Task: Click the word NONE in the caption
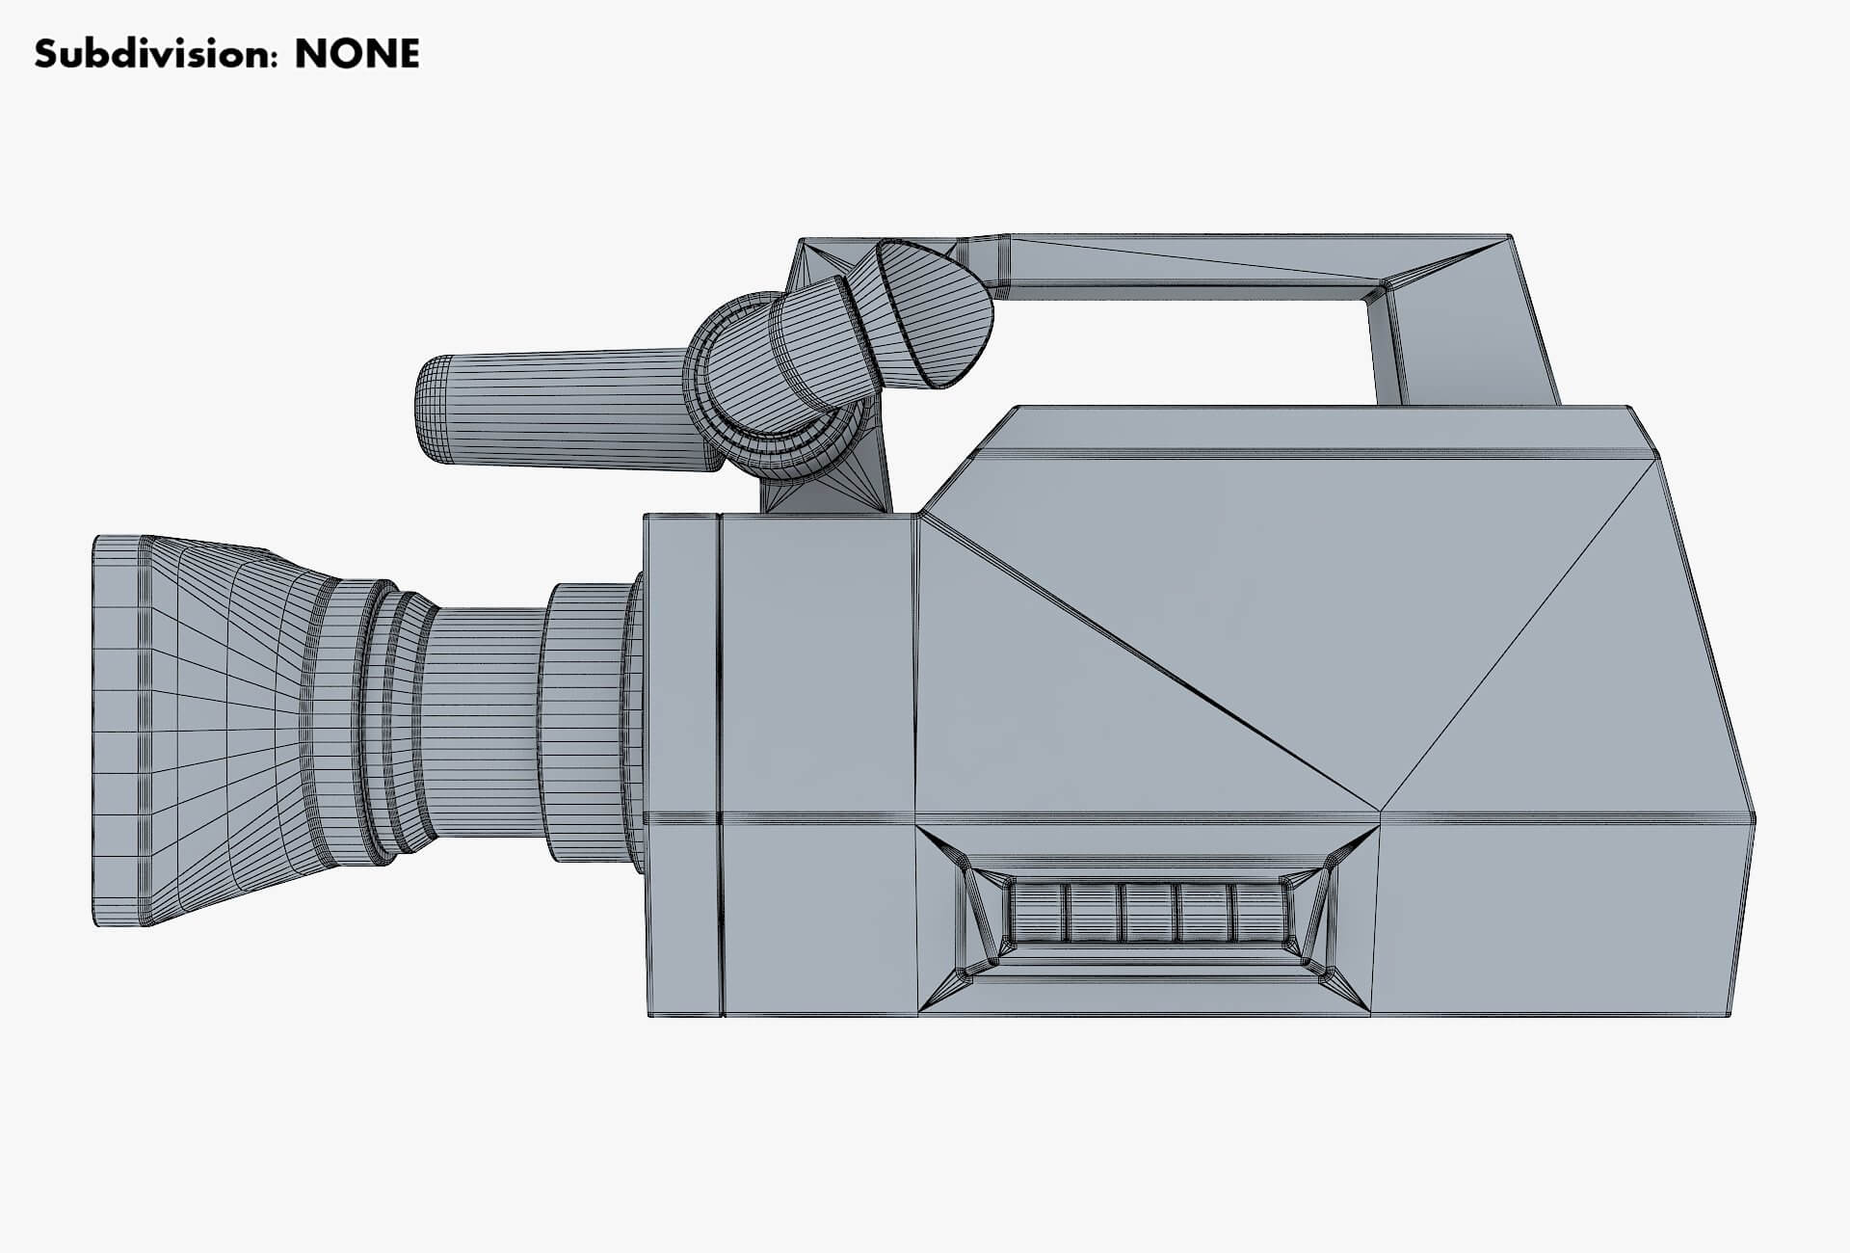(357, 54)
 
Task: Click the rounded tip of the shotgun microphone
(429, 410)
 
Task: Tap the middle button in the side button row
(1148, 913)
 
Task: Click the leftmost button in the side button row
(1036, 913)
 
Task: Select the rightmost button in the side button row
(1259, 913)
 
